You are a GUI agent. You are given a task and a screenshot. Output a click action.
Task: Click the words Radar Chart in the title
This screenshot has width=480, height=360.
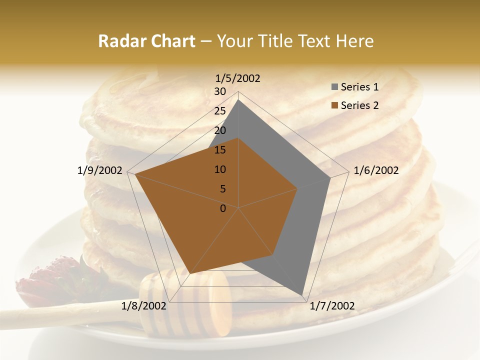pyautogui.click(x=146, y=41)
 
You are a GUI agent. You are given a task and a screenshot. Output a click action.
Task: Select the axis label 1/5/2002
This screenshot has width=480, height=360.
pyautogui.click(x=238, y=78)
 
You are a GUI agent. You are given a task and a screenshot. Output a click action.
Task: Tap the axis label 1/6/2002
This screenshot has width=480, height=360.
pyautogui.click(x=376, y=170)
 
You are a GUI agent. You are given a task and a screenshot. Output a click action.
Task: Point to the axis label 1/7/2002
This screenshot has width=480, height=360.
pyautogui.click(x=332, y=306)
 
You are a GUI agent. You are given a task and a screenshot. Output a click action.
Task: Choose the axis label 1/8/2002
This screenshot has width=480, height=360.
pyautogui.click(x=144, y=306)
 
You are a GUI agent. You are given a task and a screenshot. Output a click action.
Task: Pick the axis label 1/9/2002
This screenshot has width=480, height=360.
pyautogui.click(x=100, y=170)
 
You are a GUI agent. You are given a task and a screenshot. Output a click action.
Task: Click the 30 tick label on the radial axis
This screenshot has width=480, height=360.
pyautogui.click(x=220, y=91)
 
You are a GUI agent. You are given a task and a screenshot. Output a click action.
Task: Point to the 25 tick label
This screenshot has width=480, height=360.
pyautogui.click(x=220, y=111)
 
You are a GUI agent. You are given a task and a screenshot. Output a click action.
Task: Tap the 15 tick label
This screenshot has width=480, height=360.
pyautogui.click(x=220, y=150)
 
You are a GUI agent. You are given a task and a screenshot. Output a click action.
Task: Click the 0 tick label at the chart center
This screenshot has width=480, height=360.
pyautogui.click(x=223, y=208)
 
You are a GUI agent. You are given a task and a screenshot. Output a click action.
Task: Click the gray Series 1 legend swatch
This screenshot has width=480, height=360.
pyautogui.click(x=334, y=87)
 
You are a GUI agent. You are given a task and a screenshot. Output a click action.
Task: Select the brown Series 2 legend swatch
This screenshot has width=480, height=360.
pyautogui.click(x=334, y=105)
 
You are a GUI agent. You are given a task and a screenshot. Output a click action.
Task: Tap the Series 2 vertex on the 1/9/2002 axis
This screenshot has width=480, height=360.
pyautogui.click(x=135, y=174)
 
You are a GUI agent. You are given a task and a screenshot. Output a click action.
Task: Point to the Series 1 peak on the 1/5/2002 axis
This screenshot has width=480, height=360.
pyautogui.click(x=238, y=100)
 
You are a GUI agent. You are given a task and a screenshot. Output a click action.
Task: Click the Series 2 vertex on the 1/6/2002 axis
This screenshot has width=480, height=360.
pyautogui.click(x=297, y=189)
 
